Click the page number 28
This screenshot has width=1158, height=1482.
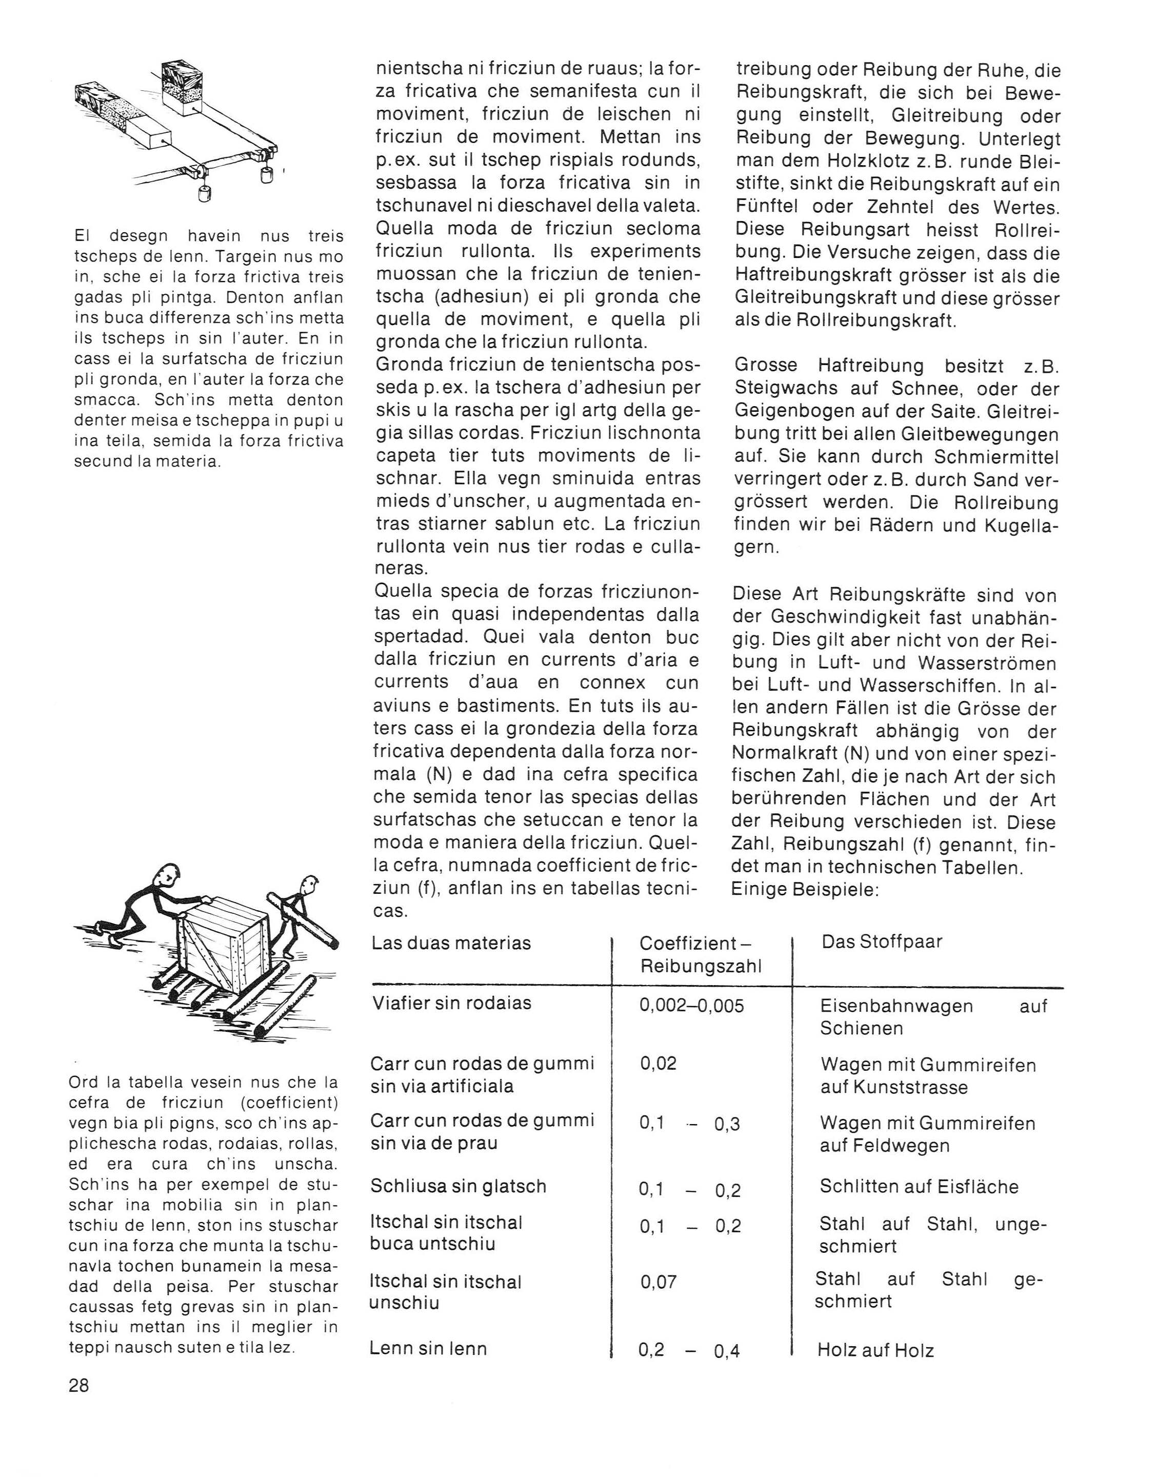(79, 1386)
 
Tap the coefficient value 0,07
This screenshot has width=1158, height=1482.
(658, 1282)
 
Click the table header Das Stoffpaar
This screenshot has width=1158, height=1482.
(882, 942)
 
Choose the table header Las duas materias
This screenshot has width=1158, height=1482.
(451, 943)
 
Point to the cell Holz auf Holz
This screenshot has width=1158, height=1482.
(875, 1350)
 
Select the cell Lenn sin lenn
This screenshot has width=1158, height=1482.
(428, 1348)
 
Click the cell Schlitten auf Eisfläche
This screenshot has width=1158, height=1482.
(919, 1187)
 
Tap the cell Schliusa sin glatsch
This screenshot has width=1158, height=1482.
(458, 1186)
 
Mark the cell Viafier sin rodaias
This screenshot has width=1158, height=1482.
(451, 1003)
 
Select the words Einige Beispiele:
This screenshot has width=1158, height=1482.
(805, 890)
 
